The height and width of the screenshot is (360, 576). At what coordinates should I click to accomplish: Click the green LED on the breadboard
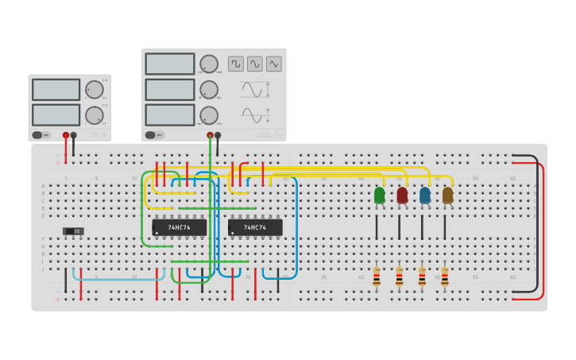point(379,195)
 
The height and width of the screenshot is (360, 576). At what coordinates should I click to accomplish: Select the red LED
point(402,195)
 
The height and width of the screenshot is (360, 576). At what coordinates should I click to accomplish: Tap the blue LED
point(425,195)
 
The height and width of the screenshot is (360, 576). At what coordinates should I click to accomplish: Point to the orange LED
point(447,195)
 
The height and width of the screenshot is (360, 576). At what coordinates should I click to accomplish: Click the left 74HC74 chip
point(180,227)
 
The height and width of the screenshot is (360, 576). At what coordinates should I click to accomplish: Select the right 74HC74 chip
point(255,227)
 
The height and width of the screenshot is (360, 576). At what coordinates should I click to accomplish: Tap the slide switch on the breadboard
point(73,231)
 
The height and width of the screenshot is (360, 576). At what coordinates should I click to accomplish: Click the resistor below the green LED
point(377,277)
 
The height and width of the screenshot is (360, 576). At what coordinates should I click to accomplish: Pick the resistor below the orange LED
point(445,277)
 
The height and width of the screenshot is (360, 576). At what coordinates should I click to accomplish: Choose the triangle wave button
point(274,64)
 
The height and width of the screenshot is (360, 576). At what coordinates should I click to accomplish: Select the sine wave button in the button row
point(255,64)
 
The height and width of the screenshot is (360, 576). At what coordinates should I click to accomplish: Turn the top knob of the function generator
point(209,64)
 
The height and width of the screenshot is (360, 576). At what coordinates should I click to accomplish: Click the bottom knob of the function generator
point(209,115)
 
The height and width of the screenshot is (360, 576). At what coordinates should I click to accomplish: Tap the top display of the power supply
point(56,90)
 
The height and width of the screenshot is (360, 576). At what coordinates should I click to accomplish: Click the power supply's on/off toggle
point(41,135)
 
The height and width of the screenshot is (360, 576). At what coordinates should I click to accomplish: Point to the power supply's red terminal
point(66,136)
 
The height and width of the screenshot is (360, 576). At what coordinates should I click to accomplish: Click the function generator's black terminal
point(218,136)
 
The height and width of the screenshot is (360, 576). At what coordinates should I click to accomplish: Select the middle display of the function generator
point(170,90)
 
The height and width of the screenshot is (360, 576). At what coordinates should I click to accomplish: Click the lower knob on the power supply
point(94,115)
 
